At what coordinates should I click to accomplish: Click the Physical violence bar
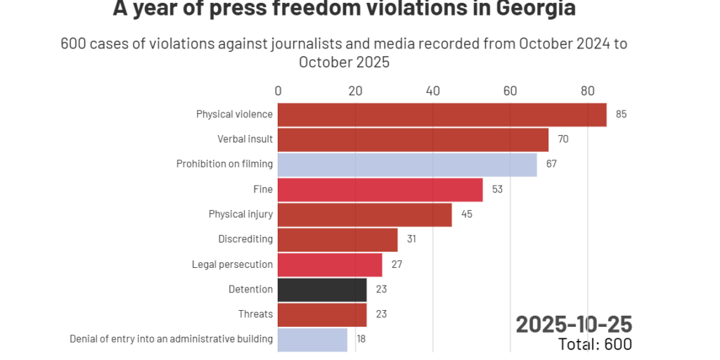[442, 115]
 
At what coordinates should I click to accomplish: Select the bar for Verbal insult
[413, 140]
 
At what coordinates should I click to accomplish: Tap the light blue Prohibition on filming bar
[407, 165]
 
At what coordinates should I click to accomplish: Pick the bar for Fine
[380, 190]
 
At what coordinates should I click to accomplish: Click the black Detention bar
[322, 290]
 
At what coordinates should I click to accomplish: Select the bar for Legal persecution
[330, 265]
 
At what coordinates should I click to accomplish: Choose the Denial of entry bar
[312, 340]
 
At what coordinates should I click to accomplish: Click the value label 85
[621, 115]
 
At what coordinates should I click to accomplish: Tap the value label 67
[551, 165]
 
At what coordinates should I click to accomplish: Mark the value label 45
[467, 214]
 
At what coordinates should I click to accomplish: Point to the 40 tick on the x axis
[433, 91]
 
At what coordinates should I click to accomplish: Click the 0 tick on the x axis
[278, 91]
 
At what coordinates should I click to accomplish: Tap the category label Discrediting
[245, 240]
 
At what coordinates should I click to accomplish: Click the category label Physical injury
[240, 214]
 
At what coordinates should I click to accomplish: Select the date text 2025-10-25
[574, 324]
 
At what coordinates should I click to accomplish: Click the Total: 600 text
[595, 344]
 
